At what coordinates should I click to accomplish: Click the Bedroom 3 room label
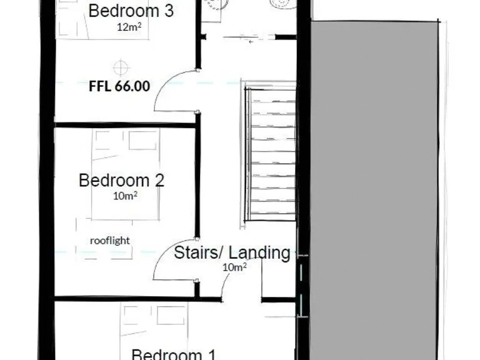(131, 11)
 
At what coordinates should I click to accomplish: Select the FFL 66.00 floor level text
(119, 86)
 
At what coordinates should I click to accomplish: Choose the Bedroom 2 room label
(121, 181)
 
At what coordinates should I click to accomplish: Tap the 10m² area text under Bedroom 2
(125, 196)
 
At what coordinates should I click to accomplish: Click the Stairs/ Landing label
(232, 253)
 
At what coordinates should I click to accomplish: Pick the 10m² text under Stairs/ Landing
(235, 267)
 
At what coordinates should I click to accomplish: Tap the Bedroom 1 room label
(175, 354)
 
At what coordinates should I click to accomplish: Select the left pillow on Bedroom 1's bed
(132, 316)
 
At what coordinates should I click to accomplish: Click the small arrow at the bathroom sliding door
(251, 42)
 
